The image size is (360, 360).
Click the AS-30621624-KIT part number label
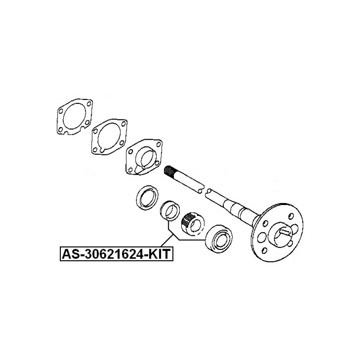pyautogui.click(x=116, y=254)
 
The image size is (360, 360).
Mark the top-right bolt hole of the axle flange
pyautogui.click(x=291, y=216)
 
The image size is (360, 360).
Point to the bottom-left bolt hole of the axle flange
pyautogui.click(x=264, y=250)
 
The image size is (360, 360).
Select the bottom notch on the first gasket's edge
pyautogui.click(x=66, y=133)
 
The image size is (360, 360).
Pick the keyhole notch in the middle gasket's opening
pyautogui.click(x=102, y=150)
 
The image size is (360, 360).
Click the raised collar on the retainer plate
pyautogui.click(x=146, y=158)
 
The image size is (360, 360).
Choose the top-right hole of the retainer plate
pyautogui.click(x=159, y=145)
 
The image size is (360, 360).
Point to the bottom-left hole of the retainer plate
pyautogui.click(x=130, y=170)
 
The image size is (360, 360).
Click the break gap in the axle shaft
pyautogui.click(x=205, y=190)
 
